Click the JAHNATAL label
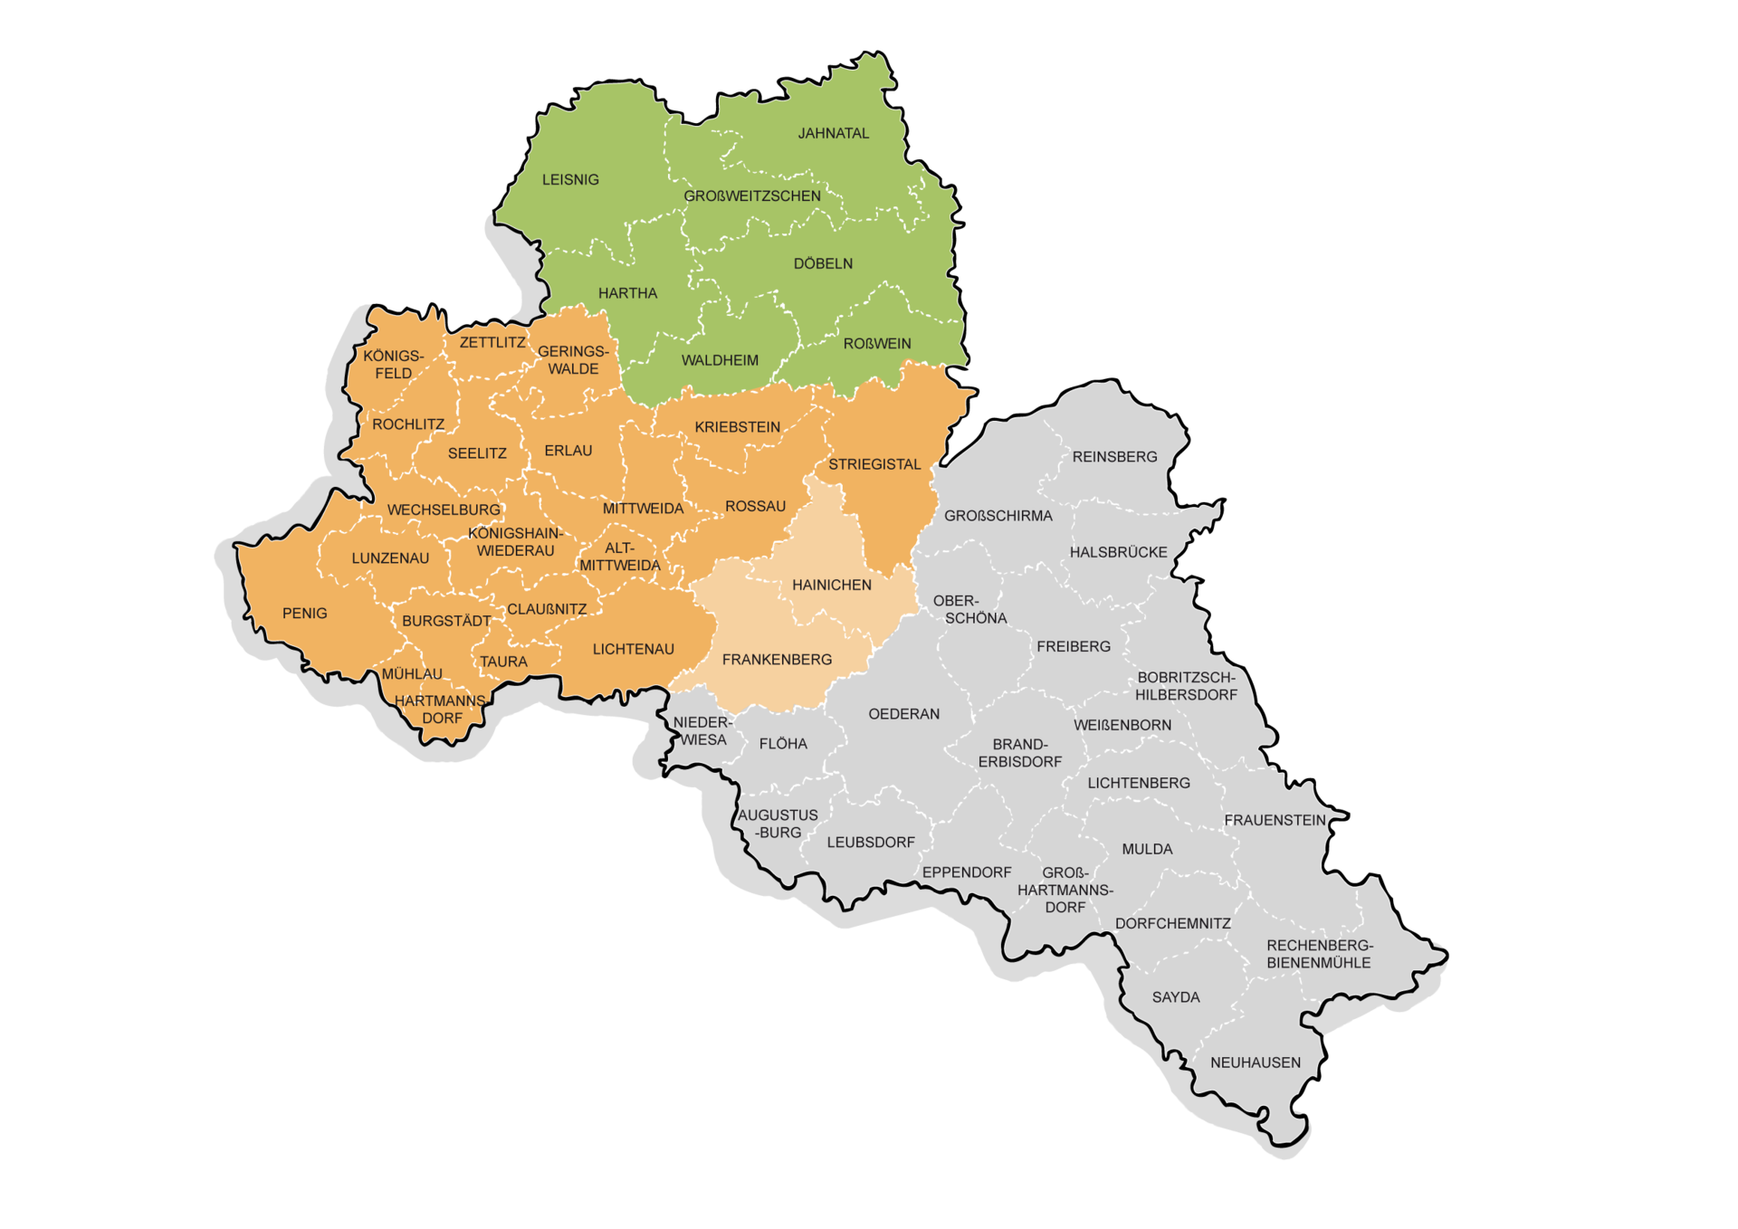coord(833,133)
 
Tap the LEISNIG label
coord(570,179)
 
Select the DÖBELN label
coord(823,263)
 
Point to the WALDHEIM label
coord(720,360)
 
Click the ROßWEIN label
coord(877,344)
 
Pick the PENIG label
coord(304,614)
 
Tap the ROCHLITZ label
coord(408,424)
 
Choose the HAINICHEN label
coord(832,586)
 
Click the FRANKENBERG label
coord(777,660)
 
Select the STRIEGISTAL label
coord(874,464)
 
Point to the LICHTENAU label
coord(633,649)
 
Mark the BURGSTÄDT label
coord(446,621)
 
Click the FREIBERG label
coord(1074,646)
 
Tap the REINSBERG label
coord(1114,457)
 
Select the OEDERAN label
coord(903,714)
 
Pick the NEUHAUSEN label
coord(1256,1062)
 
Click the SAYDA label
coord(1176,997)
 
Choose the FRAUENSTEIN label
coord(1275,820)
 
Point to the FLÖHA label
coord(783,744)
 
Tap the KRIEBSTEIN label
coord(737,427)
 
